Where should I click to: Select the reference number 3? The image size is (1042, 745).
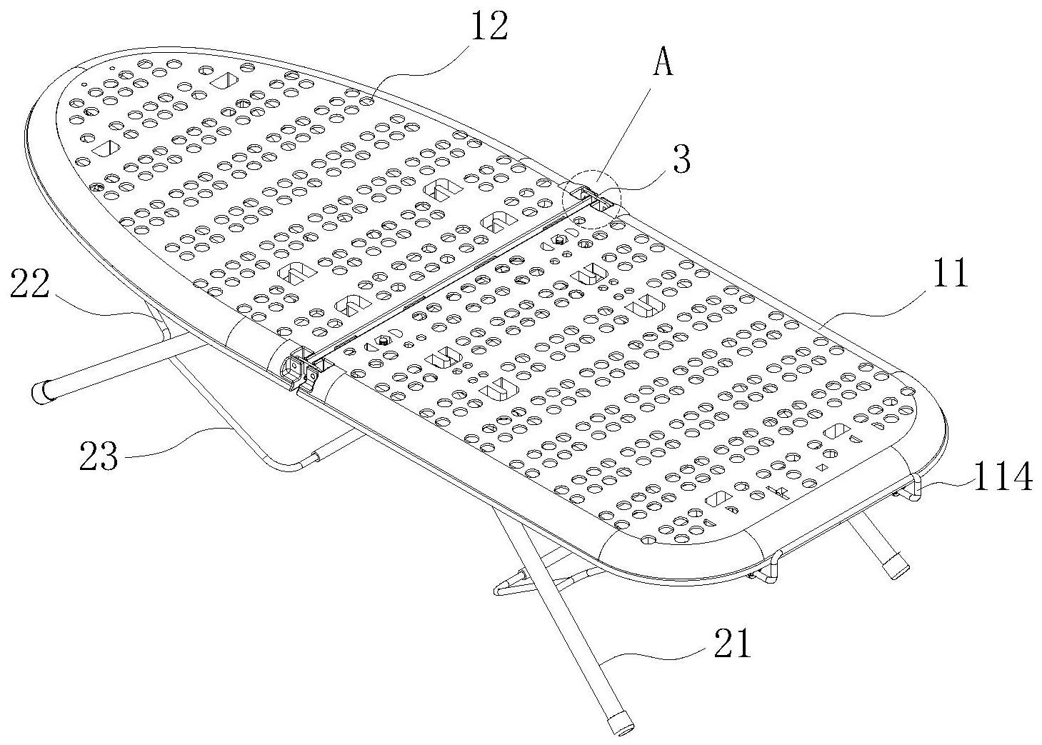click(682, 161)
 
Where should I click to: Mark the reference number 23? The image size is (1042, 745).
click(99, 455)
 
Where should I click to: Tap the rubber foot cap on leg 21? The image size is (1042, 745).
click(619, 721)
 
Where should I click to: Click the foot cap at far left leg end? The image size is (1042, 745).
click(44, 391)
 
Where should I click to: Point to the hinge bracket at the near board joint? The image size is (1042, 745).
click(302, 368)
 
